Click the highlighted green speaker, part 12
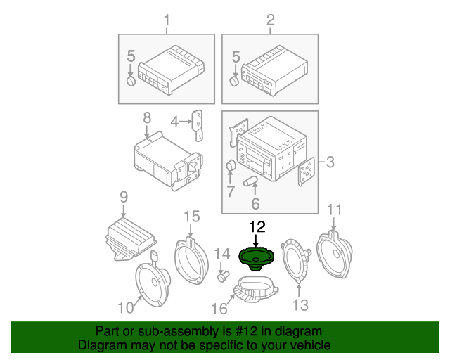point(256,258)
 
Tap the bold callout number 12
point(257,227)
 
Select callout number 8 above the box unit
point(147,117)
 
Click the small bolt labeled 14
point(223,277)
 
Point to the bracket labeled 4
point(198,125)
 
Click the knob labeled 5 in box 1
point(131,82)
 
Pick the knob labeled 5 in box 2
point(234,82)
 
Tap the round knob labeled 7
point(231,166)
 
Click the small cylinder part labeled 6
point(250,181)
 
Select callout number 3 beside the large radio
point(330,162)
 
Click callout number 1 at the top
point(167,20)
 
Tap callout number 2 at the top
point(270,20)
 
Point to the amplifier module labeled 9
point(131,239)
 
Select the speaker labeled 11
point(335,254)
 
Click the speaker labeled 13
point(295,261)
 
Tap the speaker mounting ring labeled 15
point(191,260)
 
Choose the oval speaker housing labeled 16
point(255,288)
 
